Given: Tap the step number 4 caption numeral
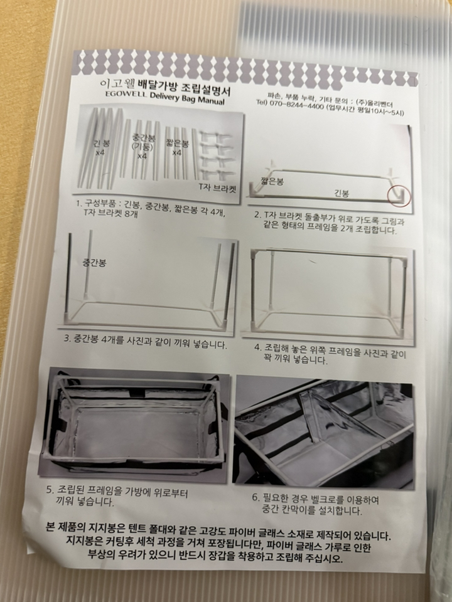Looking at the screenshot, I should [x=257, y=347].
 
